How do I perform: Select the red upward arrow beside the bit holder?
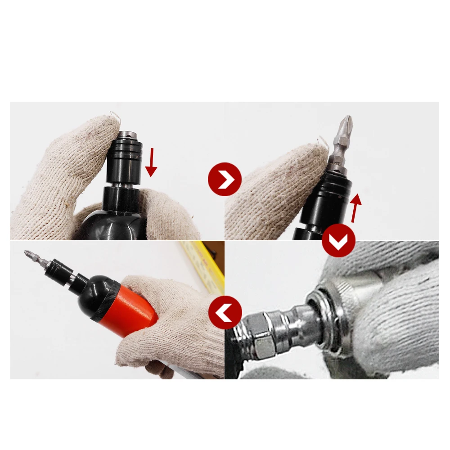356,207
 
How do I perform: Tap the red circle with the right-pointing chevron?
225,180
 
